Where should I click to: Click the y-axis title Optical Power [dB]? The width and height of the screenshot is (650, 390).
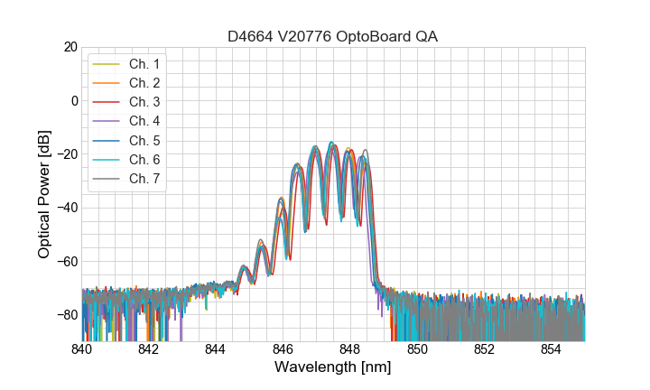(x=44, y=194)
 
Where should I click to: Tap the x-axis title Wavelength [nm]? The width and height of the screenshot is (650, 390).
(x=333, y=368)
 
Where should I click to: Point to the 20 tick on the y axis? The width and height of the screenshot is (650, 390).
(x=70, y=47)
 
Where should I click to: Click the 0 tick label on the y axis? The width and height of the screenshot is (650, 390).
(x=73, y=100)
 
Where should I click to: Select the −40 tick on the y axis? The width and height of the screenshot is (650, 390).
(x=67, y=208)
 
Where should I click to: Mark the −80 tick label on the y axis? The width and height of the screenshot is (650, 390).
(x=67, y=314)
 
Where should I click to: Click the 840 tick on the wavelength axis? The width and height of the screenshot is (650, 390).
(x=82, y=348)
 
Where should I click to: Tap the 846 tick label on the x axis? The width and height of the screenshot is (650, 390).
(x=283, y=348)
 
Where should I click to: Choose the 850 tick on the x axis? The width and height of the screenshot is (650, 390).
(x=417, y=348)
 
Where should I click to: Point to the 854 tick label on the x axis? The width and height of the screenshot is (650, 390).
(x=552, y=348)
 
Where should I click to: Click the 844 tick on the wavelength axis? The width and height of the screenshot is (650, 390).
(x=216, y=348)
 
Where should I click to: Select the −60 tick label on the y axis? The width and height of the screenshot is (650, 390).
(x=67, y=261)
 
